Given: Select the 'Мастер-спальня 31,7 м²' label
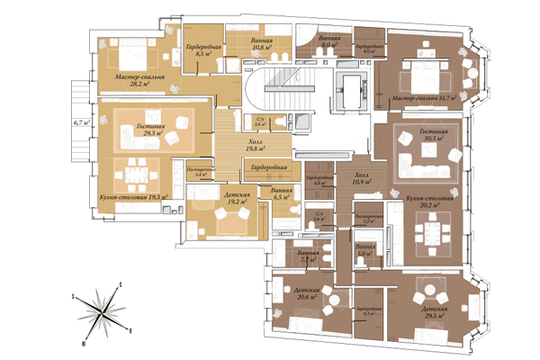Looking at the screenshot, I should (x=422, y=96).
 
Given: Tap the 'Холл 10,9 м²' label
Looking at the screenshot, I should (x=361, y=179).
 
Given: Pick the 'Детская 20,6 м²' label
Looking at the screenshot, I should (x=299, y=293).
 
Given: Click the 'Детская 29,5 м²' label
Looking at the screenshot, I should (x=433, y=311).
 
